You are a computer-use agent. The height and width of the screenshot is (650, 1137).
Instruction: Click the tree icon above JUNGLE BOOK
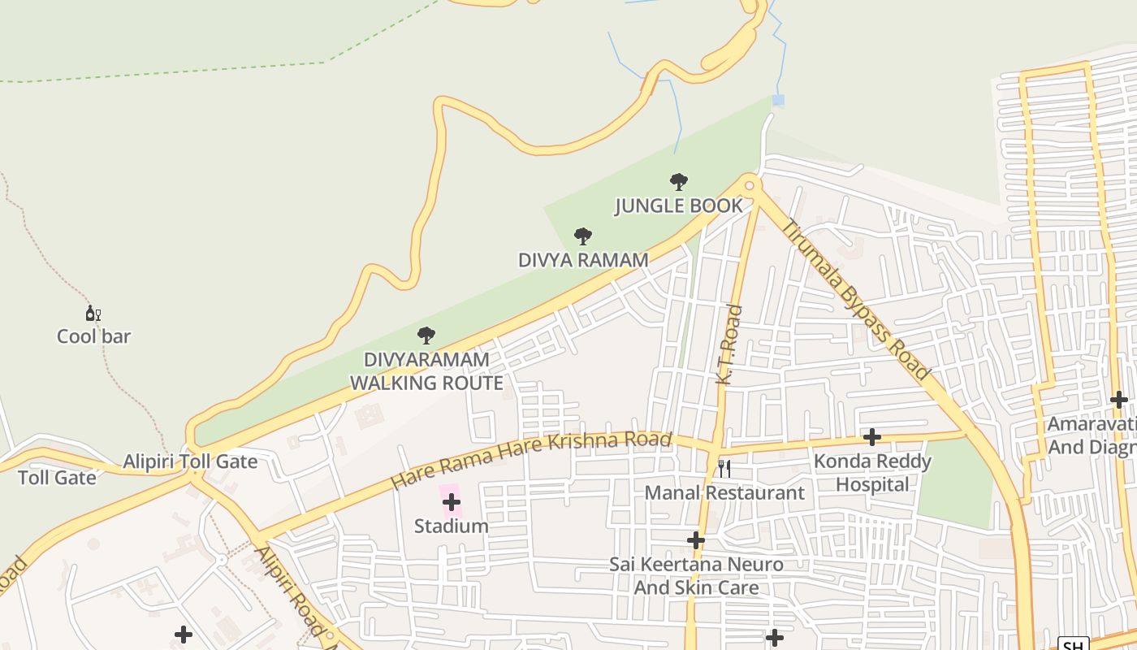pyautogui.click(x=679, y=182)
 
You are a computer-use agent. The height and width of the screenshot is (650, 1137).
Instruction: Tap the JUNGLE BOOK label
pyautogui.click(x=679, y=206)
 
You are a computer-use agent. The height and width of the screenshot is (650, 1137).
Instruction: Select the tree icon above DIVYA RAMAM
pyautogui.click(x=582, y=236)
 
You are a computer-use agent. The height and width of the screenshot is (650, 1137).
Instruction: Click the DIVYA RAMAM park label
pyautogui.click(x=583, y=260)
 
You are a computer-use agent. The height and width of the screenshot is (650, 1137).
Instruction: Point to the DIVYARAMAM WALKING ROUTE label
pyautogui.click(x=426, y=371)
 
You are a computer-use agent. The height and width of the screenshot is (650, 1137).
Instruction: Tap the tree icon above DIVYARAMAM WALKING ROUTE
pyautogui.click(x=426, y=336)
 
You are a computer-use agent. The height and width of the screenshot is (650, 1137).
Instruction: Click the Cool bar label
pyautogui.click(x=93, y=336)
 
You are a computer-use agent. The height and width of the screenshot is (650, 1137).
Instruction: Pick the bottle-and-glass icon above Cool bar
pyautogui.click(x=93, y=314)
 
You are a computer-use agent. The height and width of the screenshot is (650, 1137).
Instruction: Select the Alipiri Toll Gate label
pyautogui.click(x=190, y=462)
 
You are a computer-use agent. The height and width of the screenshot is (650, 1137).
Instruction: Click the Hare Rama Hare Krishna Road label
pyautogui.click(x=532, y=460)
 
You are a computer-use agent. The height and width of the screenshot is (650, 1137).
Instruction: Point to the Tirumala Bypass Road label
pyautogui.click(x=856, y=300)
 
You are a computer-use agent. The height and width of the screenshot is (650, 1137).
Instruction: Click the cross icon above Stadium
pyautogui.click(x=452, y=502)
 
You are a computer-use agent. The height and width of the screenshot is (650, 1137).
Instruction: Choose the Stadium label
pyautogui.click(x=452, y=526)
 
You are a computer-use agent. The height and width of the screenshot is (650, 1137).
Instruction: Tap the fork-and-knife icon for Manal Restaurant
pyautogui.click(x=724, y=469)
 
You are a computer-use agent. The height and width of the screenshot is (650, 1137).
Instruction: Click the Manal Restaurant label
pyautogui.click(x=724, y=493)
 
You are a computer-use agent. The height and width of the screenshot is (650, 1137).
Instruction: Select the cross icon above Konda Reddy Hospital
pyautogui.click(x=872, y=437)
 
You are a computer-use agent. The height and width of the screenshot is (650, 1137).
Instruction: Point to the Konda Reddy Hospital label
pyautogui.click(x=872, y=473)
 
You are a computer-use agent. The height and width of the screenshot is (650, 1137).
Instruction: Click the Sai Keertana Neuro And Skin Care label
pyautogui.click(x=696, y=575)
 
